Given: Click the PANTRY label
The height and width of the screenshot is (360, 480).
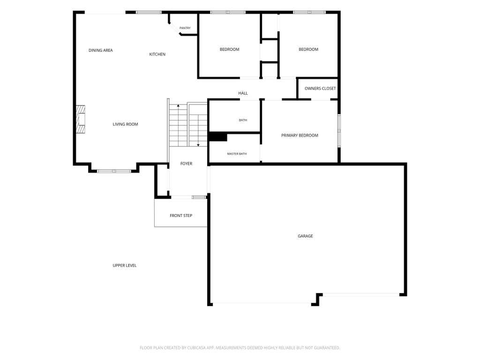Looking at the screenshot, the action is pyautogui.click(x=185, y=28).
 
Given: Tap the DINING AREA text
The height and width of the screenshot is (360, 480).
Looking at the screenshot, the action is pyautogui.click(x=101, y=50).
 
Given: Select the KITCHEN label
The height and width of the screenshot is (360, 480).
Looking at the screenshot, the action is pyautogui.click(x=157, y=54).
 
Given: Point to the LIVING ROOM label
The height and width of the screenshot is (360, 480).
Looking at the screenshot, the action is pyautogui.click(x=125, y=124).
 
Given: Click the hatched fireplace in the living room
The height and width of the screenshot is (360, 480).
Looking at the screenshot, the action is pyautogui.click(x=81, y=119).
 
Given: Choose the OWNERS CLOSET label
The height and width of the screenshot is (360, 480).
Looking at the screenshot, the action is pyautogui.click(x=320, y=89).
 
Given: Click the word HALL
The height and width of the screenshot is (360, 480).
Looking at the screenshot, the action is pyautogui.click(x=243, y=93).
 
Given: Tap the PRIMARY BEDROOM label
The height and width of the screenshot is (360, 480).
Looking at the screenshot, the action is pyautogui.click(x=300, y=135).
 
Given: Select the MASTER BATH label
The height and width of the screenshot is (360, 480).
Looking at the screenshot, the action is pyautogui.click(x=237, y=154).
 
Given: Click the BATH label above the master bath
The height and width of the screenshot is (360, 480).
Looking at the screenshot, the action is pyautogui.click(x=243, y=120).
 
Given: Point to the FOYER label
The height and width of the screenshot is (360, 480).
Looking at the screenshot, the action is pyautogui.click(x=187, y=164).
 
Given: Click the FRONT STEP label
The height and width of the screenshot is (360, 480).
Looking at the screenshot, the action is pyautogui.click(x=181, y=216).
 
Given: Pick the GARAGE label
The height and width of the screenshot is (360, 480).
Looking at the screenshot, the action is pyautogui.click(x=306, y=236).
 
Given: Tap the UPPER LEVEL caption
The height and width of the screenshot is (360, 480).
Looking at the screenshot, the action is pyautogui.click(x=125, y=265).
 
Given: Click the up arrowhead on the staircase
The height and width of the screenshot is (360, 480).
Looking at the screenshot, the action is pyautogui.click(x=178, y=105).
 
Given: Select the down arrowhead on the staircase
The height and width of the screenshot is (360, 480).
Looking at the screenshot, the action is pyautogui.click(x=198, y=145).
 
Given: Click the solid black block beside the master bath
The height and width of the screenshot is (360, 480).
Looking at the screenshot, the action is pyautogui.click(x=217, y=137).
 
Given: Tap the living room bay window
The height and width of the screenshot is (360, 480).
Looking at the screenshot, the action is pyautogui.click(x=114, y=171).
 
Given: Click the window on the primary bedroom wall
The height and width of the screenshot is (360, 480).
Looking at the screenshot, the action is pyautogui.click(x=339, y=131).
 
